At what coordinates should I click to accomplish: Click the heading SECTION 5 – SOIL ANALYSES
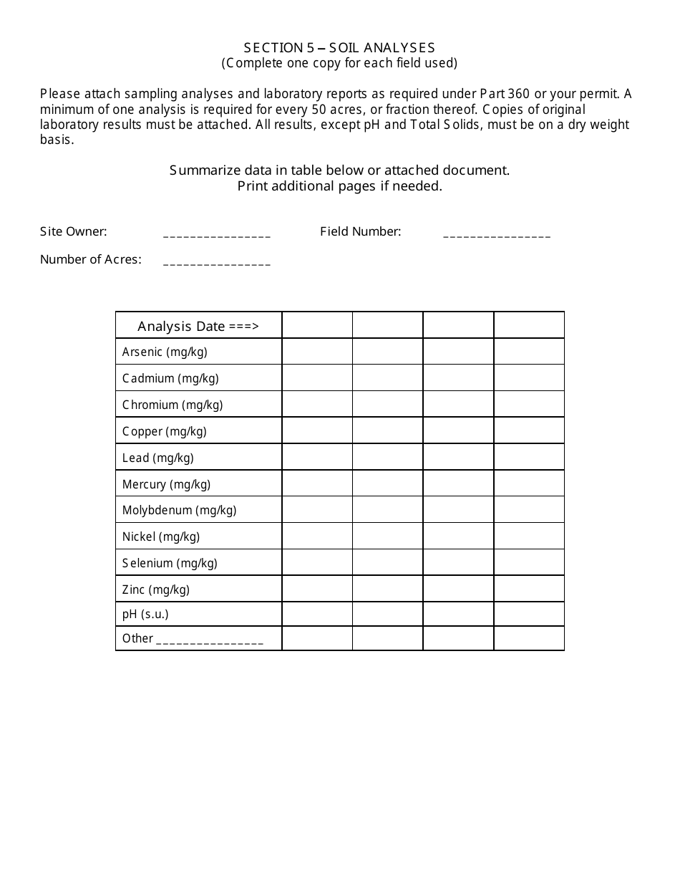[x=339, y=48]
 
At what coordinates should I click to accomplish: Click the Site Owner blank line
[x=217, y=234]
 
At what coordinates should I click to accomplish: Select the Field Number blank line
[x=497, y=234]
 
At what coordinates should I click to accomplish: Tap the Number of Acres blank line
[x=217, y=262]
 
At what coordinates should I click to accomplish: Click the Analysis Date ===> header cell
[x=198, y=326]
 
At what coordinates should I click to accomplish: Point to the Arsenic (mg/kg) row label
[x=165, y=352]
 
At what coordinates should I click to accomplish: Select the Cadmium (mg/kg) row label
[x=170, y=378]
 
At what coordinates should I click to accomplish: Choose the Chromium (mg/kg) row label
[x=173, y=405]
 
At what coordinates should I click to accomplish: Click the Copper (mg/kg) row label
[x=165, y=431]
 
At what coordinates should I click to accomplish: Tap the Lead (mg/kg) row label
[x=158, y=458]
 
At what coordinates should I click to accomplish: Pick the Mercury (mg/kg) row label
[x=166, y=484]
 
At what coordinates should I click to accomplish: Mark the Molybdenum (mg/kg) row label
[x=179, y=510]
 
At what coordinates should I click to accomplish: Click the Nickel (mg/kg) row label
[x=161, y=536]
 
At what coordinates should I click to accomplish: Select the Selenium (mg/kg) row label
[x=170, y=563]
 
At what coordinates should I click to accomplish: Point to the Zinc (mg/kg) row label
[x=156, y=589]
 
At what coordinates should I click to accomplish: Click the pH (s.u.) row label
[x=145, y=614]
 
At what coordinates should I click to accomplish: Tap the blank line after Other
[x=209, y=641]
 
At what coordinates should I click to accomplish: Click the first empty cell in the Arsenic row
[x=317, y=352]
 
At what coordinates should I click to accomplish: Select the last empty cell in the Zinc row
[x=529, y=589]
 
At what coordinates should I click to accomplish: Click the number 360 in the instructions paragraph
[x=518, y=94]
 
